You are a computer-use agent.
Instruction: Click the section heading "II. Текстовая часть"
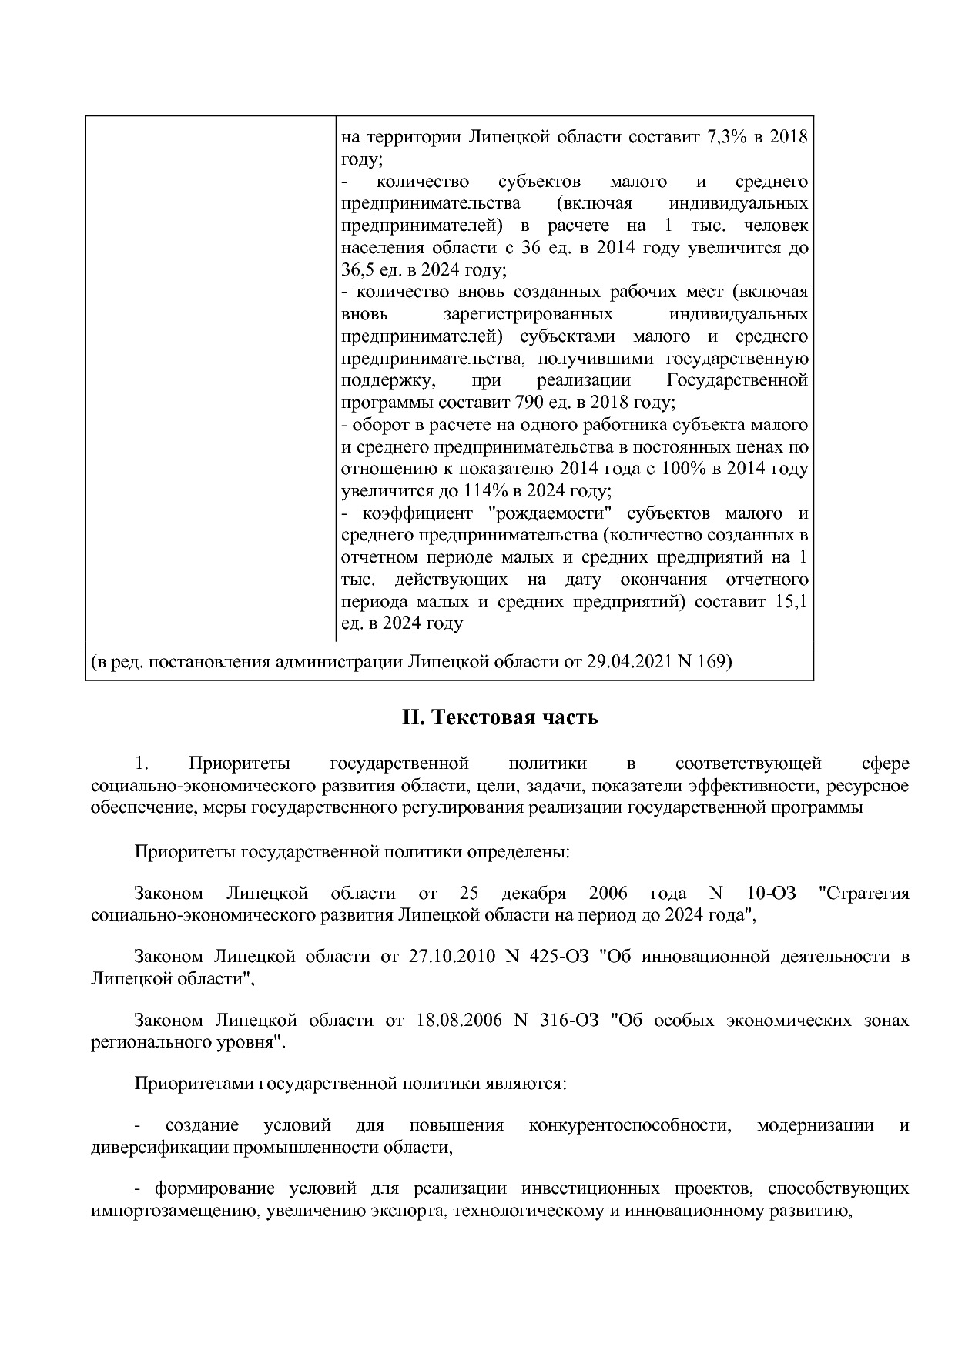point(499,718)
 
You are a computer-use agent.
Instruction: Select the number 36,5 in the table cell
point(357,271)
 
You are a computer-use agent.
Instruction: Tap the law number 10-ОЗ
point(771,894)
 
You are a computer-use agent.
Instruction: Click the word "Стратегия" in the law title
point(863,894)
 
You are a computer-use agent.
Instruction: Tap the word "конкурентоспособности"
point(629,1125)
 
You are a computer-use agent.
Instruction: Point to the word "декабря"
point(533,894)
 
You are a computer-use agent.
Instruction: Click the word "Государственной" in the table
point(736,381)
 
